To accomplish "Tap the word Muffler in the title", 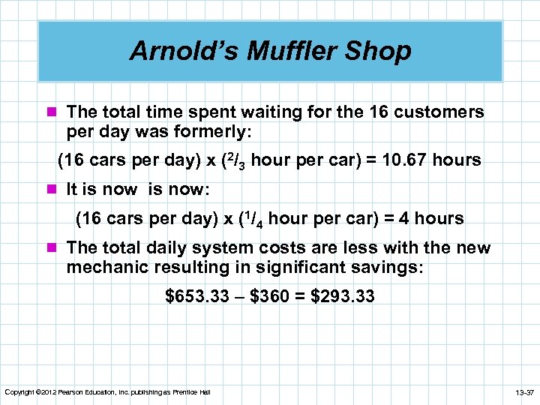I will click(281, 51).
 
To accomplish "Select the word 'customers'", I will click(439, 112).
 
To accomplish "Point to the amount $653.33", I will click(196, 297).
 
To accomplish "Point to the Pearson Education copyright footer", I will click(108, 393).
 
